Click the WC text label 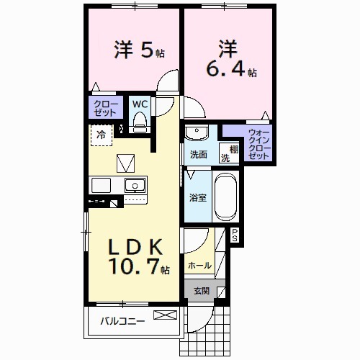click(140, 104)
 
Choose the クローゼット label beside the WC click(104, 108)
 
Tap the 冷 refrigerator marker click(102, 134)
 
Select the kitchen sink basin click(134, 186)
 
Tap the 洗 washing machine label click(224, 158)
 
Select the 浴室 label click(198, 197)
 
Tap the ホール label click(199, 266)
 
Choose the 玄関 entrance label click(201, 291)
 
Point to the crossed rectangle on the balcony click(165, 315)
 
